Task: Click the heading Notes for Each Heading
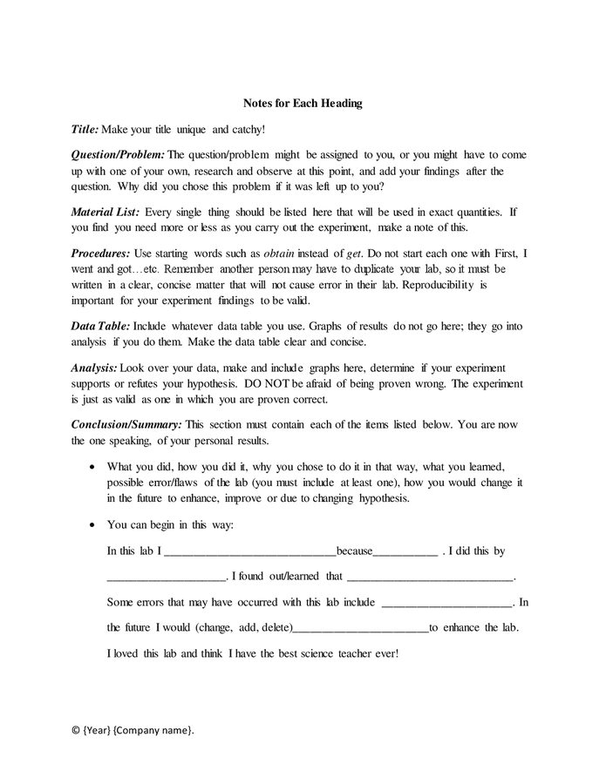pyautogui.click(x=303, y=104)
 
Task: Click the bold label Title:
pyautogui.click(x=85, y=129)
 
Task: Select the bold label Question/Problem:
pyautogui.click(x=117, y=155)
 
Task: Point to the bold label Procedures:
pyautogui.click(x=100, y=253)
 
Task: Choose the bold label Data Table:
pyautogui.click(x=100, y=326)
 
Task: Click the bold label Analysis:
pyautogui.click(x=93, y=368)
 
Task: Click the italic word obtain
pyautogui.click(x=281, y=253)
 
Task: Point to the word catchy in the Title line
pyautogui.click(x=245, y=129)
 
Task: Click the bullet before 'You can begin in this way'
pyautogui.click(x=93, y=526)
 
